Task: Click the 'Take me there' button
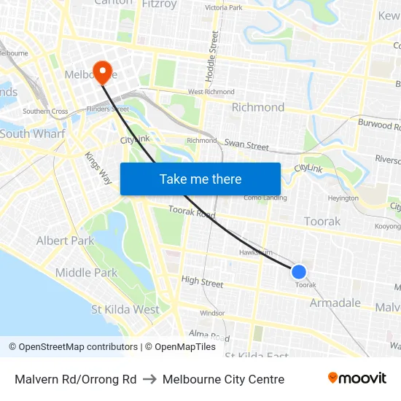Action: (x=200, y=179)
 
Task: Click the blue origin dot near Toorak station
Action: (x=299, y=272)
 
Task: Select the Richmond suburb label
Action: (x=258, y=107)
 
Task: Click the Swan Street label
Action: (x=246, y=145)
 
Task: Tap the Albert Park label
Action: (x=65, y=241)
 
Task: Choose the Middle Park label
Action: (x=86, y=273)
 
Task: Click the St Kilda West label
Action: (x=125, y=309)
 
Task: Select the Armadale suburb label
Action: (x=335, y=303)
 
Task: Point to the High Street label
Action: (x=202, y=281)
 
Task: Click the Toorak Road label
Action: (x=192, y=213)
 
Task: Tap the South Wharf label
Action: (x=32, y=134)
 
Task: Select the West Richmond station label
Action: (x=211, y=92)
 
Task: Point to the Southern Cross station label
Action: (x=45, y=112)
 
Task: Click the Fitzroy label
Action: (x=159, y=4)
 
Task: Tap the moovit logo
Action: (x=357, y=378)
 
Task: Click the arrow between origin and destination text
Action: (x=149, y=379)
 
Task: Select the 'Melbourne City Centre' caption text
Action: (x=223, y=379)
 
